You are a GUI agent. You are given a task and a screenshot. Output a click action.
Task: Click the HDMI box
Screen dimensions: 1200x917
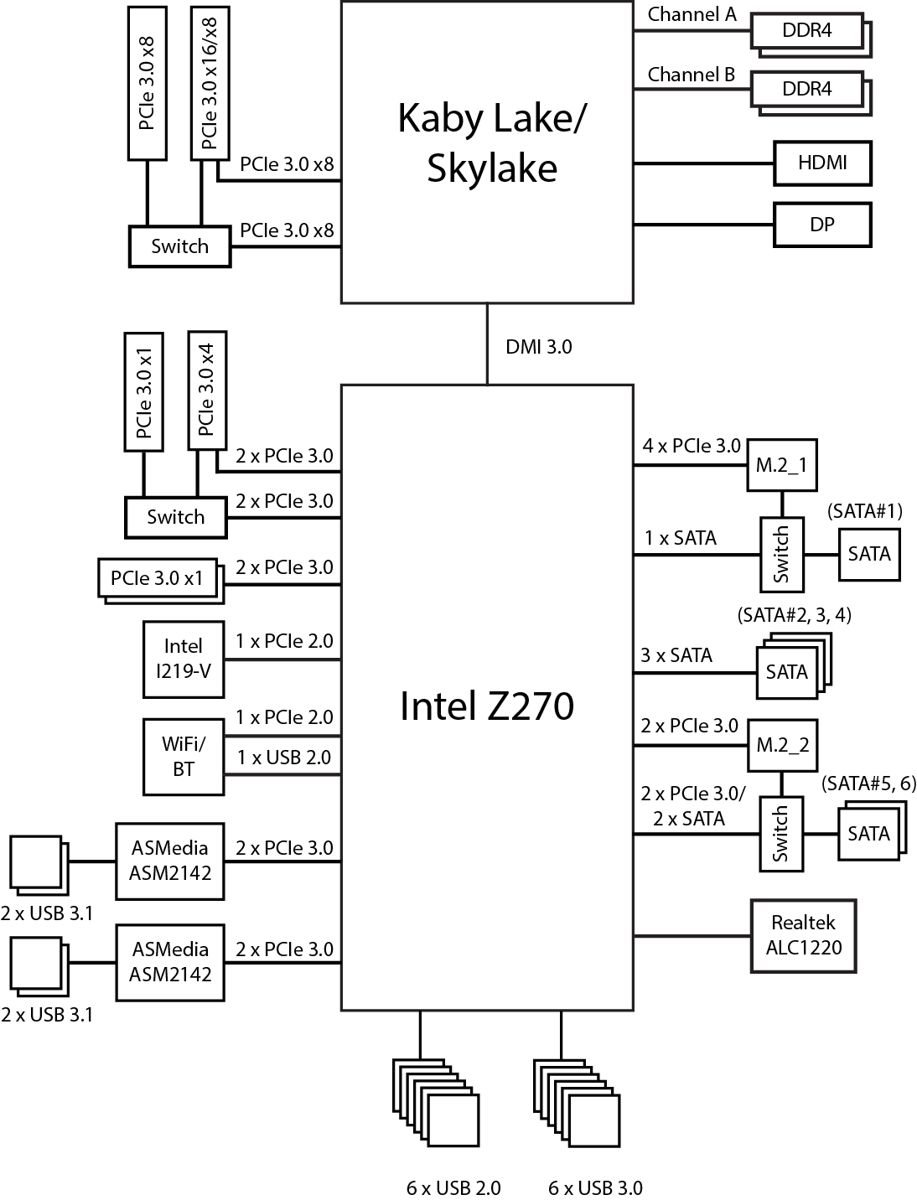(822, 163)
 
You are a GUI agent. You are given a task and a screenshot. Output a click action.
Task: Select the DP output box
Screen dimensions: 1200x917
(822, 225)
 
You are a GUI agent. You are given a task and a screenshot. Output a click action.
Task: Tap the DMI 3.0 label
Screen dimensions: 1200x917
(539, 346)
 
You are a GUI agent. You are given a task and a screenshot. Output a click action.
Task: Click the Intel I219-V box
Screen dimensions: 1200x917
(184, 659)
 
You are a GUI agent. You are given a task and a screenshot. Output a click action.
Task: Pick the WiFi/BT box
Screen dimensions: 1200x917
(184, 756)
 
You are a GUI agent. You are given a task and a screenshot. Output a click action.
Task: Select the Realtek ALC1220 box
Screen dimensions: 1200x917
(803, 935)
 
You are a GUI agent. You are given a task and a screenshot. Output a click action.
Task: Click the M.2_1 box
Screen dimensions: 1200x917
(781, 465)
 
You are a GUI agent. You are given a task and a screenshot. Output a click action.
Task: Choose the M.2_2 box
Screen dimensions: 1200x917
(782, 745)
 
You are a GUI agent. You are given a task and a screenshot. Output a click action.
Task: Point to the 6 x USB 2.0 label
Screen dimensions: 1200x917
(453, 1187)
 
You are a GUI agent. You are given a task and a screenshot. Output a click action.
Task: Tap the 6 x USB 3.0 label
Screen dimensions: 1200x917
(596, 1187)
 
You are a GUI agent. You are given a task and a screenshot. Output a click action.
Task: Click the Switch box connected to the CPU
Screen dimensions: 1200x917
(179, 246)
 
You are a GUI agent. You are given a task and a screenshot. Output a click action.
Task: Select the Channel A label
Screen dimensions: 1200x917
(692, 14)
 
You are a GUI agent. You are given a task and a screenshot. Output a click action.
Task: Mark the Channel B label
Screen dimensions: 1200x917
(692, 75)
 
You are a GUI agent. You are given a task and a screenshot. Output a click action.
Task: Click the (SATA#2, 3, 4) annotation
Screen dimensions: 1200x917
(795, 615)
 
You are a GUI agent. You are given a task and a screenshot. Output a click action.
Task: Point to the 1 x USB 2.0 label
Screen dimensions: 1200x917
(284, 758)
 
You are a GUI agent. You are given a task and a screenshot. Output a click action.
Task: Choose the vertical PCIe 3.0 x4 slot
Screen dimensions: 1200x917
(207, 391)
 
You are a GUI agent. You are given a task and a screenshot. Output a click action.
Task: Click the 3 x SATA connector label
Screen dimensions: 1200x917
(676, 655)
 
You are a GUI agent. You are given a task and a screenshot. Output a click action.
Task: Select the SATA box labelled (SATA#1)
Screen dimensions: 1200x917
(869, 554)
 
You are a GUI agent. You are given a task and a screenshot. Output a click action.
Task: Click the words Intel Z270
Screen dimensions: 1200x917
(487, 706)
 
